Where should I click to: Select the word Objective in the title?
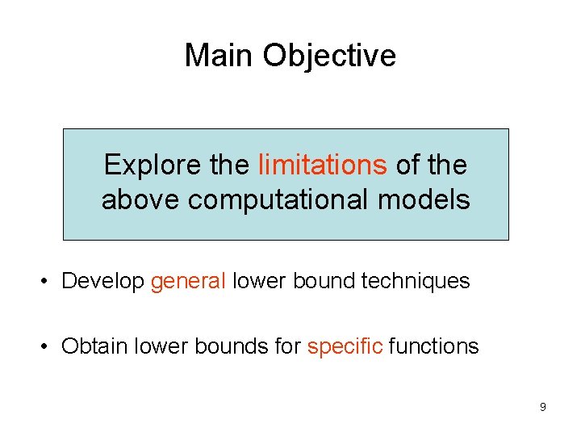(x=329, y=56)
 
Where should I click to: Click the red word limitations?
(x=322, y=165)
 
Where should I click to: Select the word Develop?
(x=102, y=282)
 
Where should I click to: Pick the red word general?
(x=188, y=281)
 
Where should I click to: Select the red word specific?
(x=345, y=347)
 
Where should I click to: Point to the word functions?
(x=433, y=346)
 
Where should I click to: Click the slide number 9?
(x=542, y=407)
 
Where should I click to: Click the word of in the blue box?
(x=407, y=165)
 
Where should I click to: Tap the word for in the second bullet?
(x=286, y=346)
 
